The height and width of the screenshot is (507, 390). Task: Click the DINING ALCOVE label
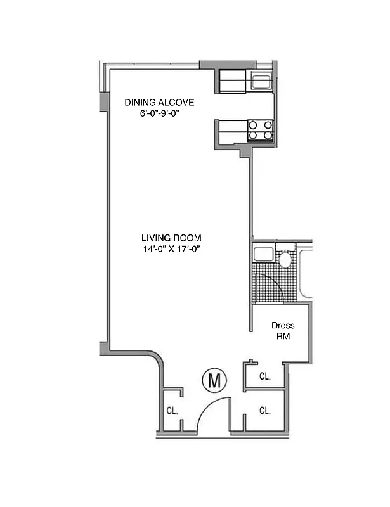[x=159, y=102]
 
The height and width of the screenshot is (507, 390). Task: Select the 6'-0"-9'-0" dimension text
[x=159, y=113]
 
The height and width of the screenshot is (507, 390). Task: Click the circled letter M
[x=214, y=381]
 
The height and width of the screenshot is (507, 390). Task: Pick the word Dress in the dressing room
[x=283, y=326]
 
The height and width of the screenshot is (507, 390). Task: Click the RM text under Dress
[x=283, y=337]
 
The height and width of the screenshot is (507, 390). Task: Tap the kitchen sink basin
[x=260, y=80]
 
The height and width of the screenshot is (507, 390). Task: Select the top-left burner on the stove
[x=253, y=125]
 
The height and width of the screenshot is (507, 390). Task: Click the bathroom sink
[x=261, y=256]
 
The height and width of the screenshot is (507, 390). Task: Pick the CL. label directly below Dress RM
[x=265, y=376]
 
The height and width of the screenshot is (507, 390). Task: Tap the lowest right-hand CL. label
[x=265, y=411]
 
